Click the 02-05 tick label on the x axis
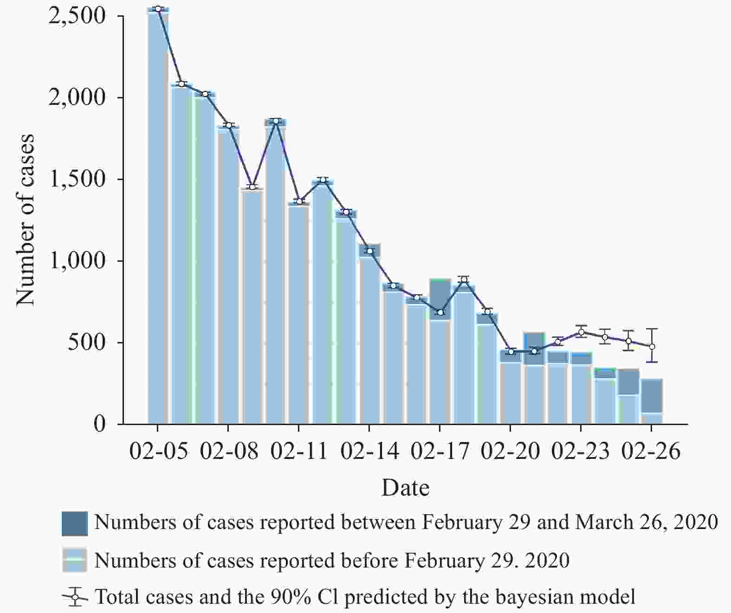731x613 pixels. [x=158, y=451]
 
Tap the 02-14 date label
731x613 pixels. [x=369, y=451]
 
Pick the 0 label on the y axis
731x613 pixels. [x=100, y=424]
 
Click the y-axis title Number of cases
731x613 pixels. [x=26, y=220]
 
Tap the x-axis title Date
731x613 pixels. [x=405, y=488]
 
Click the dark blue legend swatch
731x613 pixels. [x=74, y=523]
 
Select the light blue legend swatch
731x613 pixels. [x=74, y=561]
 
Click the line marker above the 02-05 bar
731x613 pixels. [x=158, y=9]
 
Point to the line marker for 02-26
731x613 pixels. [x=652, y=346]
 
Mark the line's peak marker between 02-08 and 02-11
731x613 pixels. [x=276, y=121]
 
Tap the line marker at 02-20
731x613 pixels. [x=511, y=352]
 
